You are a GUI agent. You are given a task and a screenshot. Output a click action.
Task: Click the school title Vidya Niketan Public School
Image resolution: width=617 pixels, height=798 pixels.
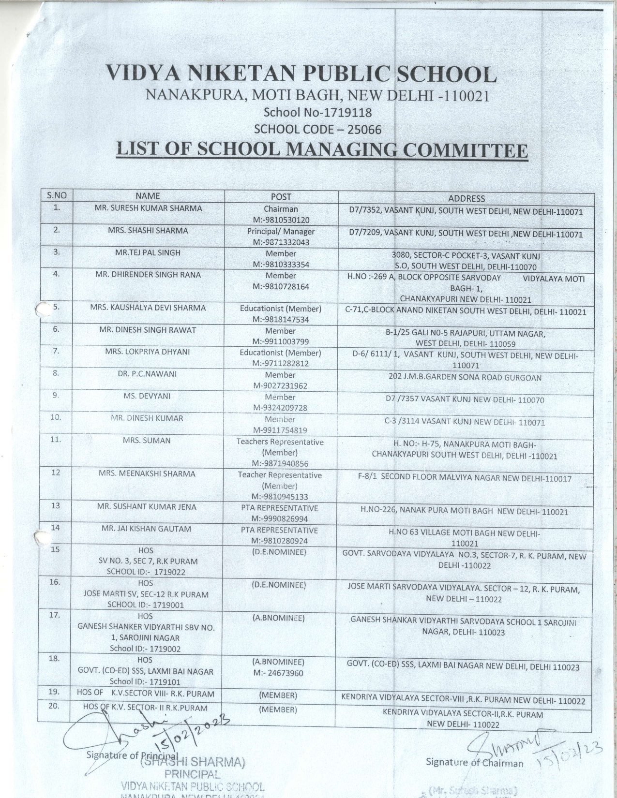(301, 74)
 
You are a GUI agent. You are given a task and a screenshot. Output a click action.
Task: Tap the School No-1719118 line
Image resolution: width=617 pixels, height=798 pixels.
(317, 113)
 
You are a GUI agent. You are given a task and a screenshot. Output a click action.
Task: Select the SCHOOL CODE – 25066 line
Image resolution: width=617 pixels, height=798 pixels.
(317, 130)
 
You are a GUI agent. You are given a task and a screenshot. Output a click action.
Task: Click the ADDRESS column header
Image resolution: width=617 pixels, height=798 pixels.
(466, 198)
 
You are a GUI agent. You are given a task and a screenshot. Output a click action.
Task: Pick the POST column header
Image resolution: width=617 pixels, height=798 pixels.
(281, 197)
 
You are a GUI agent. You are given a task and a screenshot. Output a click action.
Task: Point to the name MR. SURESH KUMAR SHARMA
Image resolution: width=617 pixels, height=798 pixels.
(148, 208)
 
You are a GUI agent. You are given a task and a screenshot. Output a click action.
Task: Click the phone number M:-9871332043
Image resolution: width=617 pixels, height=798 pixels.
(281, 242)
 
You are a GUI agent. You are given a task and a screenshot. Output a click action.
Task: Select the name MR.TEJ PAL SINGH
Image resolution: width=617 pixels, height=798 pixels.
(148, 252)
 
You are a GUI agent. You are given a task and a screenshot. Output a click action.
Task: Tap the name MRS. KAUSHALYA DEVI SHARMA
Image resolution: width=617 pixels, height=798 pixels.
(148, 308)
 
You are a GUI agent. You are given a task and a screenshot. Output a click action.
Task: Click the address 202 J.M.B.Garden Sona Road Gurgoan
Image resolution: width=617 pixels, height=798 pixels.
(465, 378)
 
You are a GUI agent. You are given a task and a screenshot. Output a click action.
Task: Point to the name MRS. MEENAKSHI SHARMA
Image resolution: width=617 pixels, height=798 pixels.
(147, 473)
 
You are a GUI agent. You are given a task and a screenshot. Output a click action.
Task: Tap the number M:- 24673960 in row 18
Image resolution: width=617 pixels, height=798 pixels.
(278, 673)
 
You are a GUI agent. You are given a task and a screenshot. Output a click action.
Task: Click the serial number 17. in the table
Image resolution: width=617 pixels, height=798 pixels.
(55, 615)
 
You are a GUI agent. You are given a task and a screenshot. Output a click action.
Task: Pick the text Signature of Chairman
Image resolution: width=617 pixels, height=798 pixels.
(474, 763)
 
